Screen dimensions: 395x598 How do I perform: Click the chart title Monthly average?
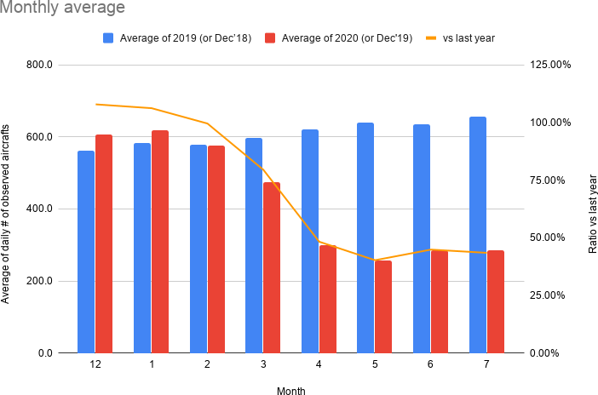[63, 9]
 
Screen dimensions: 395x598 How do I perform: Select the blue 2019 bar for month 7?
[478, 235]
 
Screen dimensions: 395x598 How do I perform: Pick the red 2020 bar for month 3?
[272, 267]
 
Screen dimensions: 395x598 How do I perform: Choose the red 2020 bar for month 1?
[160, 242]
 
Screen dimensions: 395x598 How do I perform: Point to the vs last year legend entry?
[460, 38]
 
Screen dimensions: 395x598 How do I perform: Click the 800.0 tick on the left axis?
[40, 66]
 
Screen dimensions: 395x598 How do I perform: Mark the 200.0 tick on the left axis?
[40, 281]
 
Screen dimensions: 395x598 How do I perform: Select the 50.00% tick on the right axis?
[550, 238]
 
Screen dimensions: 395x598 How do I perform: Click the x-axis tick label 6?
[430, 364]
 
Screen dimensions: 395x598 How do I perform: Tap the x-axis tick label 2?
[207, 364]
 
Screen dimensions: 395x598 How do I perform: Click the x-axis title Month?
[290, 391]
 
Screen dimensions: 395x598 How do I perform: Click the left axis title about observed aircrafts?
[8, 209]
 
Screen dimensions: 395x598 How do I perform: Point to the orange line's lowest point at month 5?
[375, 260]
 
